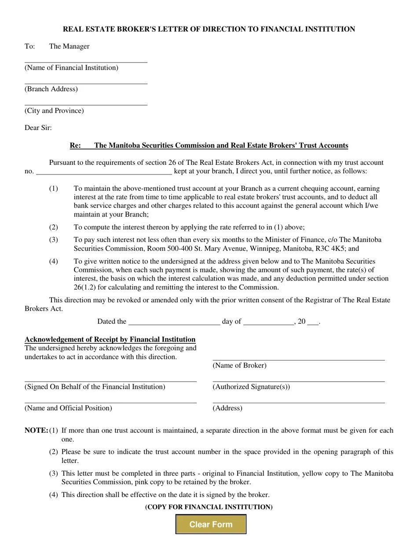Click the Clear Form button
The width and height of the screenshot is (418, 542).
click(211, 524)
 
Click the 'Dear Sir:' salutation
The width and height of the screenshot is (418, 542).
click(38, 128)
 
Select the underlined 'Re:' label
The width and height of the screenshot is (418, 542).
click(75, 145)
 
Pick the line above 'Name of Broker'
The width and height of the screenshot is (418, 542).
click(298, 358)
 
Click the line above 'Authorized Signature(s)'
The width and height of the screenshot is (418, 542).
click(298, 380)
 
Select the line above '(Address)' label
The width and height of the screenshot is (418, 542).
click(298, 401)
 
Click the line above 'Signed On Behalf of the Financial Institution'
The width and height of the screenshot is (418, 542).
click(110, 380)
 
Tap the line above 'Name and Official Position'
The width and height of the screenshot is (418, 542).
click(110, 401)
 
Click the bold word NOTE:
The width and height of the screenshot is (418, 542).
click(36, 431)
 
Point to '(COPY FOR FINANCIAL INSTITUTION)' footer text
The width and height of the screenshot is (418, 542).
click(209, 507)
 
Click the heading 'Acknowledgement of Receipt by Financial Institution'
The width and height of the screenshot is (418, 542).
click(110, 339)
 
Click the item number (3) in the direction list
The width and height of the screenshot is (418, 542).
click(54, 240)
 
